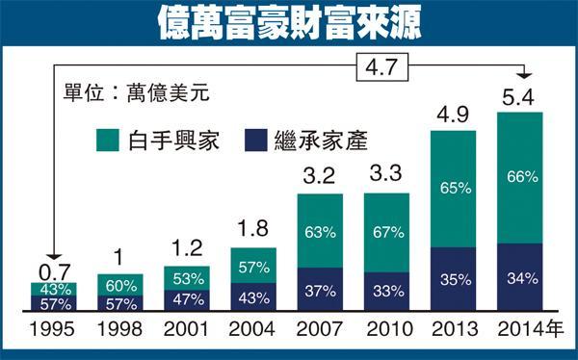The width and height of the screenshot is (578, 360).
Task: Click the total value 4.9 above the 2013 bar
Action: pos(453,112)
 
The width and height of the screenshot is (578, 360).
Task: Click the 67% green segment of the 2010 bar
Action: pos(387,233)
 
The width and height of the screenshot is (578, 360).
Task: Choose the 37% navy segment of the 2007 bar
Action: pos(321,291)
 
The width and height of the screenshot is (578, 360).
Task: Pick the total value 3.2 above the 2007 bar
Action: pos(321,178)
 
